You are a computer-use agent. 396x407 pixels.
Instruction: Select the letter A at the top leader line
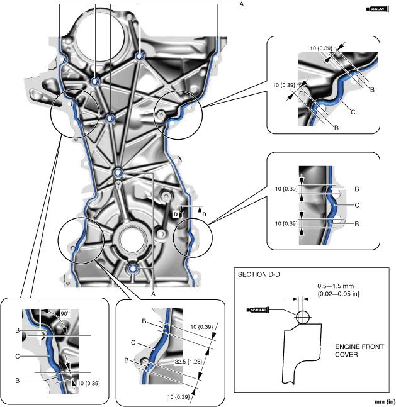[x=241, y=4]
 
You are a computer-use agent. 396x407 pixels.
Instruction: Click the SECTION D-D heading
[x=258, y=274]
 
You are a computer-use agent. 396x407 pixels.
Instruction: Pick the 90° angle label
[x=63, y=313]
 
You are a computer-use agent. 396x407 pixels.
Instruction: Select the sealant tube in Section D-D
[x=259, y=309]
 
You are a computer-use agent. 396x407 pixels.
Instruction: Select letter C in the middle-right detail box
[x=357, y=205]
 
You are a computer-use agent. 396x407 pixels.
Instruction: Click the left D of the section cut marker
[x=175, y=215]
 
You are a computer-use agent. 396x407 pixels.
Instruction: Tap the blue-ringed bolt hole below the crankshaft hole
[x=133, y=269]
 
